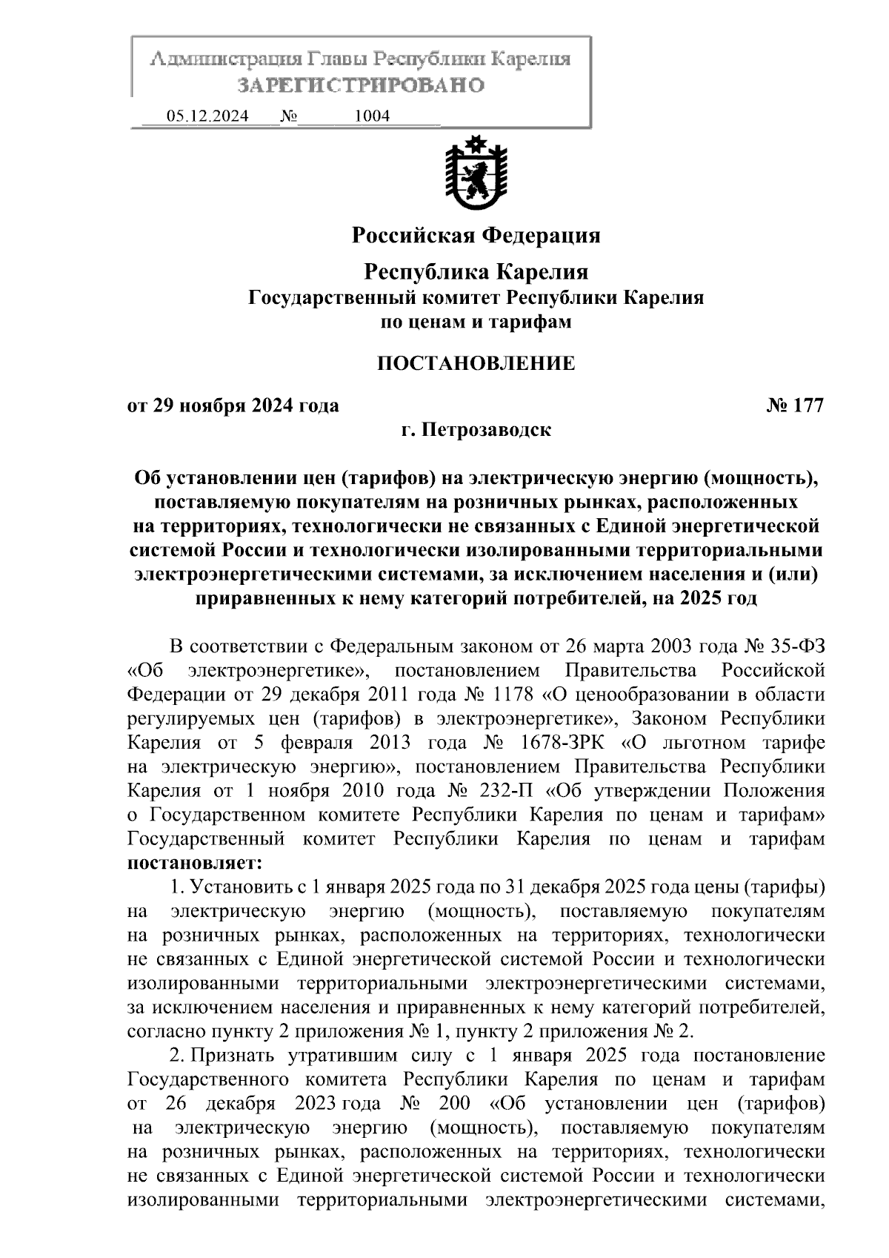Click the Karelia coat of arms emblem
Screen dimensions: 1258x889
[x=475, y=173]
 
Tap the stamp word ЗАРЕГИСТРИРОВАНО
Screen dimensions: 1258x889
[x=361, y=85]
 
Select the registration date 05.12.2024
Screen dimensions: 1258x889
[x=207, y=116]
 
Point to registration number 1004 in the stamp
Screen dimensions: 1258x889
[x=372, y=116]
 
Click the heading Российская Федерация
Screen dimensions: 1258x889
[x=476, y=236]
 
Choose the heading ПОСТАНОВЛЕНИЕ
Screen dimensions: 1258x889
[x=476, y=363]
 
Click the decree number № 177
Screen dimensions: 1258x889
[x=796, y=405]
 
